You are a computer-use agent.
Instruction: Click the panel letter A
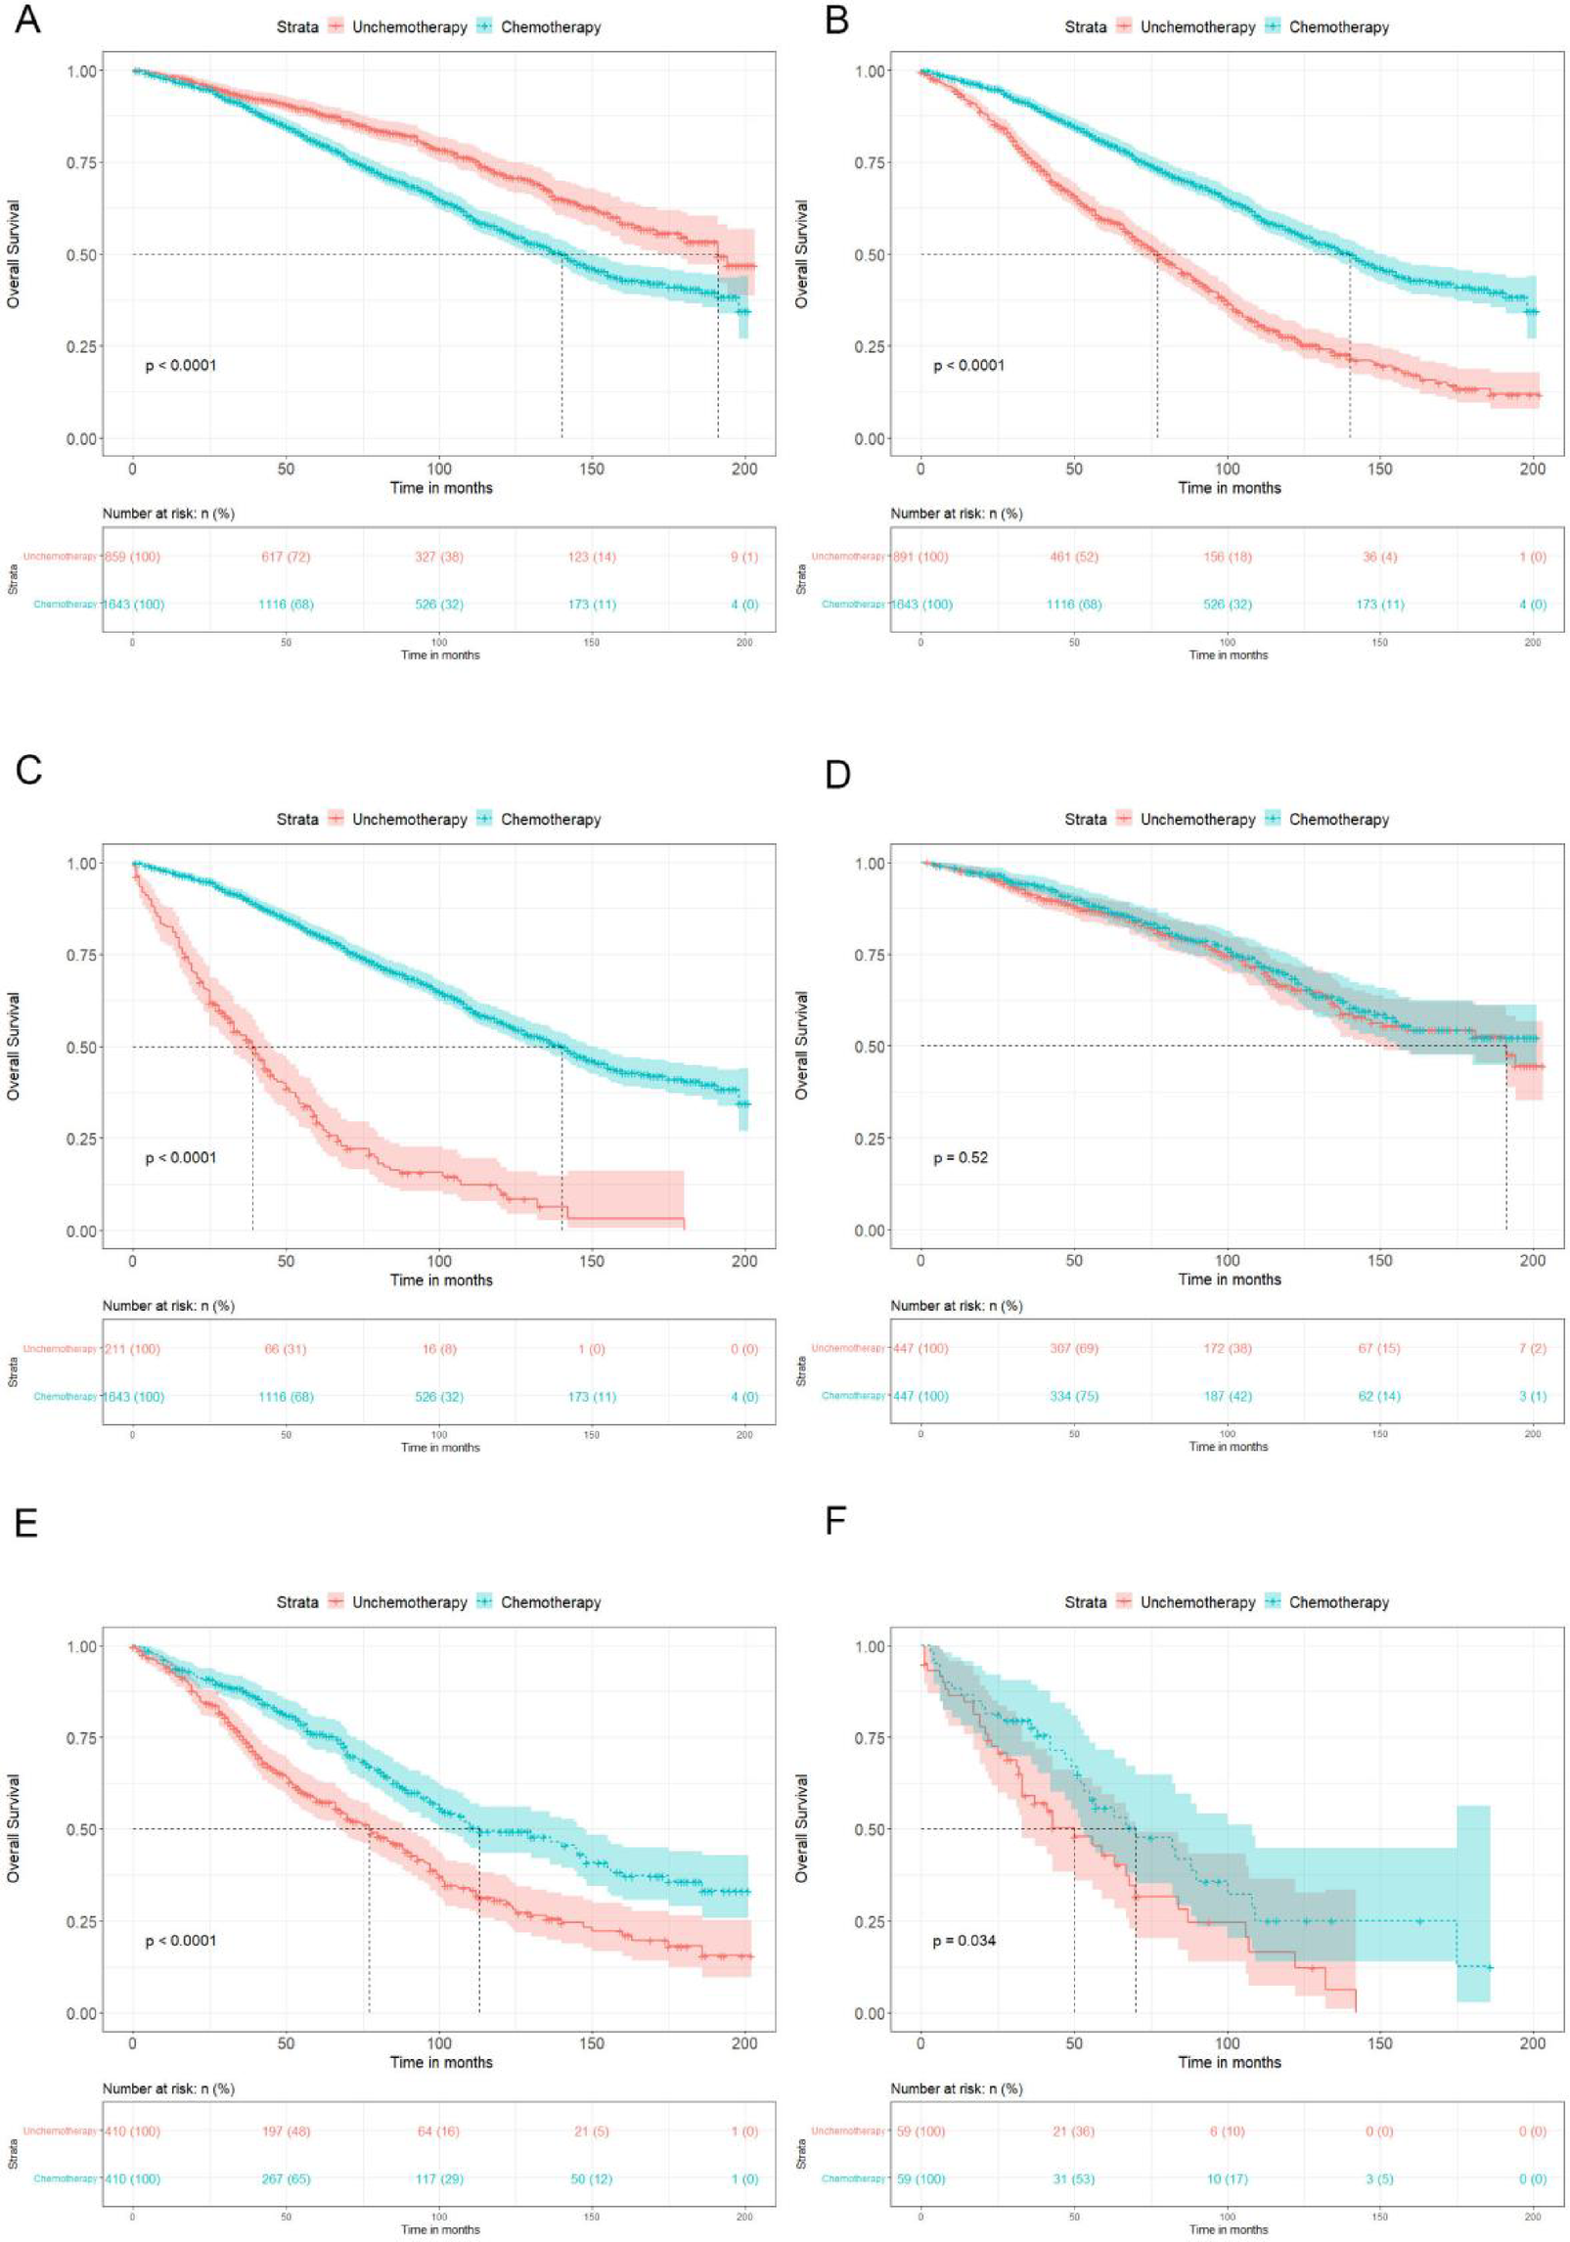[x=27, y=20]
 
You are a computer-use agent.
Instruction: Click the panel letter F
[x=835, y=1521]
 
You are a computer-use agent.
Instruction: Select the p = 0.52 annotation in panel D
[x=960, y=1157]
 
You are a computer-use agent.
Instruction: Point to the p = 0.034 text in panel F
[x=964, y=1940]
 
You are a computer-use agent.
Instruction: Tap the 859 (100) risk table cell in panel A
[x=131, y=557]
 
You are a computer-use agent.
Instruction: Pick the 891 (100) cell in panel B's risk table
[x=920, y=557]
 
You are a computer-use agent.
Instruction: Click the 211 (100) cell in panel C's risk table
[x=131, y=1349]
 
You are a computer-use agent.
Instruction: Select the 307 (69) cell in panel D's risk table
[x=1073, y=1348]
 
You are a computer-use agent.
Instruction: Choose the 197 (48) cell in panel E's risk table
[x=286, y=2130]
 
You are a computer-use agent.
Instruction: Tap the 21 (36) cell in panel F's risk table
[x=1073, y=2130]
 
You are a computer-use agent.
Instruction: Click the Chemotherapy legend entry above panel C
[x=550, y=820]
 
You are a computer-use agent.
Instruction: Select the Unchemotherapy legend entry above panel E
[x=409, y=1602]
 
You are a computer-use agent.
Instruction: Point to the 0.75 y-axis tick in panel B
[x=870, y=162]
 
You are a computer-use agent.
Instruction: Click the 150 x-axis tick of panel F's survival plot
[x=1379, y=2042]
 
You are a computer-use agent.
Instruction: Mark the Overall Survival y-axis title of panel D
[x=801, y=1046]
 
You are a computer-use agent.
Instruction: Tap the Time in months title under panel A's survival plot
[x=441, y=487]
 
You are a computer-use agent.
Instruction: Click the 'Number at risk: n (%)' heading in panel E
[x=168, y=2088]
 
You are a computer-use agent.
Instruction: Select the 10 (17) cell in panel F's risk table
[x=1227, y=2178]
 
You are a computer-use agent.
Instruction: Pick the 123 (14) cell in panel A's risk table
[x=591, y=557]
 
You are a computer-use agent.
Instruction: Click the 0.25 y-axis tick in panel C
[x=82, y=1139]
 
